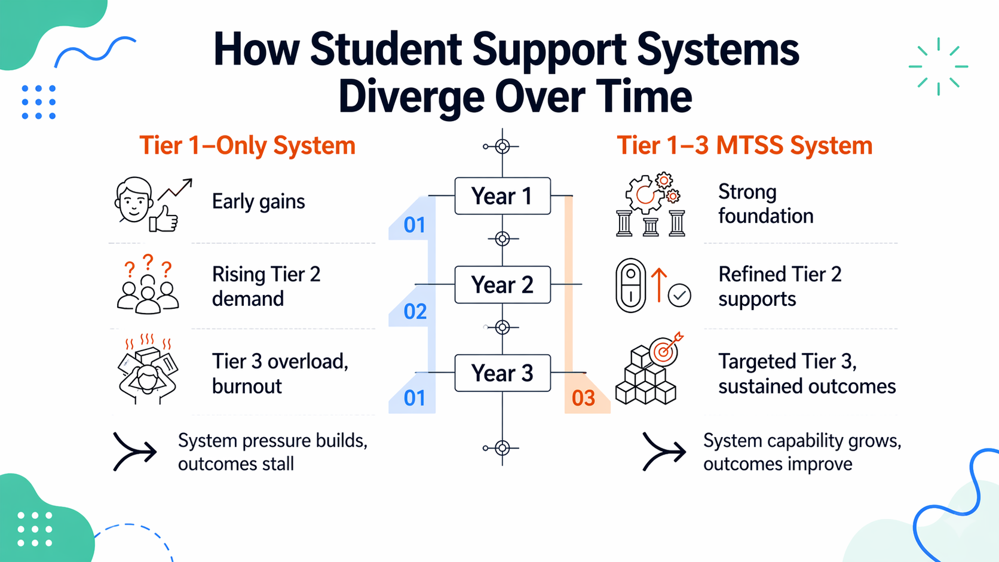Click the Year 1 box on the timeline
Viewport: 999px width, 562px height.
pos(502,196)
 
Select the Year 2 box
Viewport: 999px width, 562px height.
pos(502,285)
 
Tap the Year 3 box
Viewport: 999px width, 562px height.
pos(502,373)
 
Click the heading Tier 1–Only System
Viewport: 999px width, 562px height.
pos(247,146)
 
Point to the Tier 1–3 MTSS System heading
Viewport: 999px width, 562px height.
pos(744,146)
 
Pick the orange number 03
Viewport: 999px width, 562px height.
pos(583,398)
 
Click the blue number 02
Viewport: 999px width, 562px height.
pos(415,312)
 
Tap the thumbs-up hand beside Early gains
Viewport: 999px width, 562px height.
pos(164,219)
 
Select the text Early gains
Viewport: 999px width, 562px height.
pos(258,202)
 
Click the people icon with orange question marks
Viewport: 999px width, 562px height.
pos(148,285)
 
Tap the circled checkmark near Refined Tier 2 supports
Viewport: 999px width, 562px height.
pos(679,295)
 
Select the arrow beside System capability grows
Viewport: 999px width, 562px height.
pos(664,452)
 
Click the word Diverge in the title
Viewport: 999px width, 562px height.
pos(411,97)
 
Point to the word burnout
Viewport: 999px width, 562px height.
pos(247,386)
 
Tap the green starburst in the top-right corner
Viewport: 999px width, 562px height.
pos(938,66)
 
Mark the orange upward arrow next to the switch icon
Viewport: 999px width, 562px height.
pos(658,284)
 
